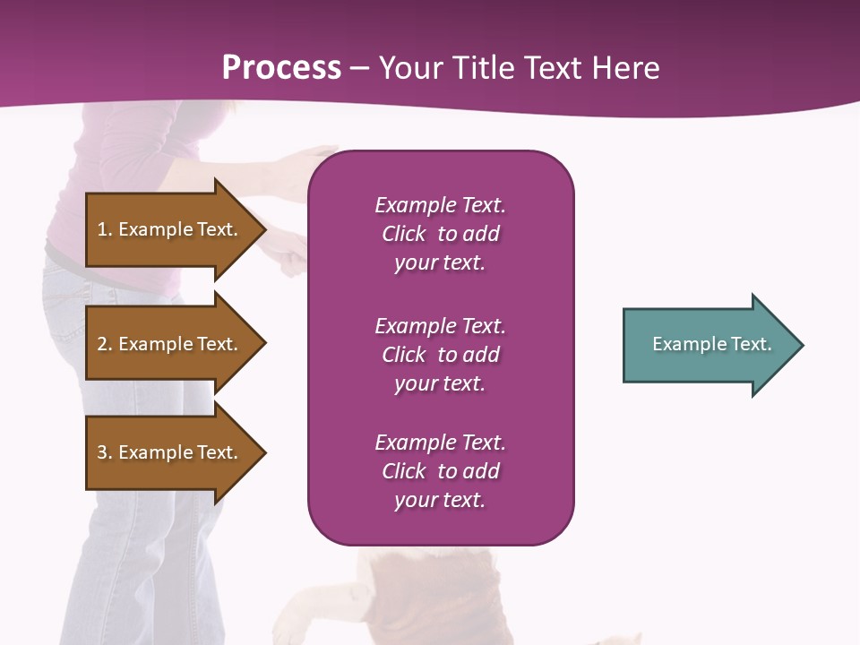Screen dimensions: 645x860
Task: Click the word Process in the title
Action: coord(281,67)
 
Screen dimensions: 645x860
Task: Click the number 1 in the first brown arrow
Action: coord(102,229)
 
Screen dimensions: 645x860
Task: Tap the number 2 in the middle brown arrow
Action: coord(102,344)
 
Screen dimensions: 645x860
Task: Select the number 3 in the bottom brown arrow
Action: coord(102,452)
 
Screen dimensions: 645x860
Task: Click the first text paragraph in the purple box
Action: coord(440,234)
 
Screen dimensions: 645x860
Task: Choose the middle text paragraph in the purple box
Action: coord(440,355)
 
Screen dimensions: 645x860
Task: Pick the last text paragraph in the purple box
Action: coord(440,471)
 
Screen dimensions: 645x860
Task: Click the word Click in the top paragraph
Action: coord(403,234)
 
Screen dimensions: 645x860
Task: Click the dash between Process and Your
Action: coord(360,68)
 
